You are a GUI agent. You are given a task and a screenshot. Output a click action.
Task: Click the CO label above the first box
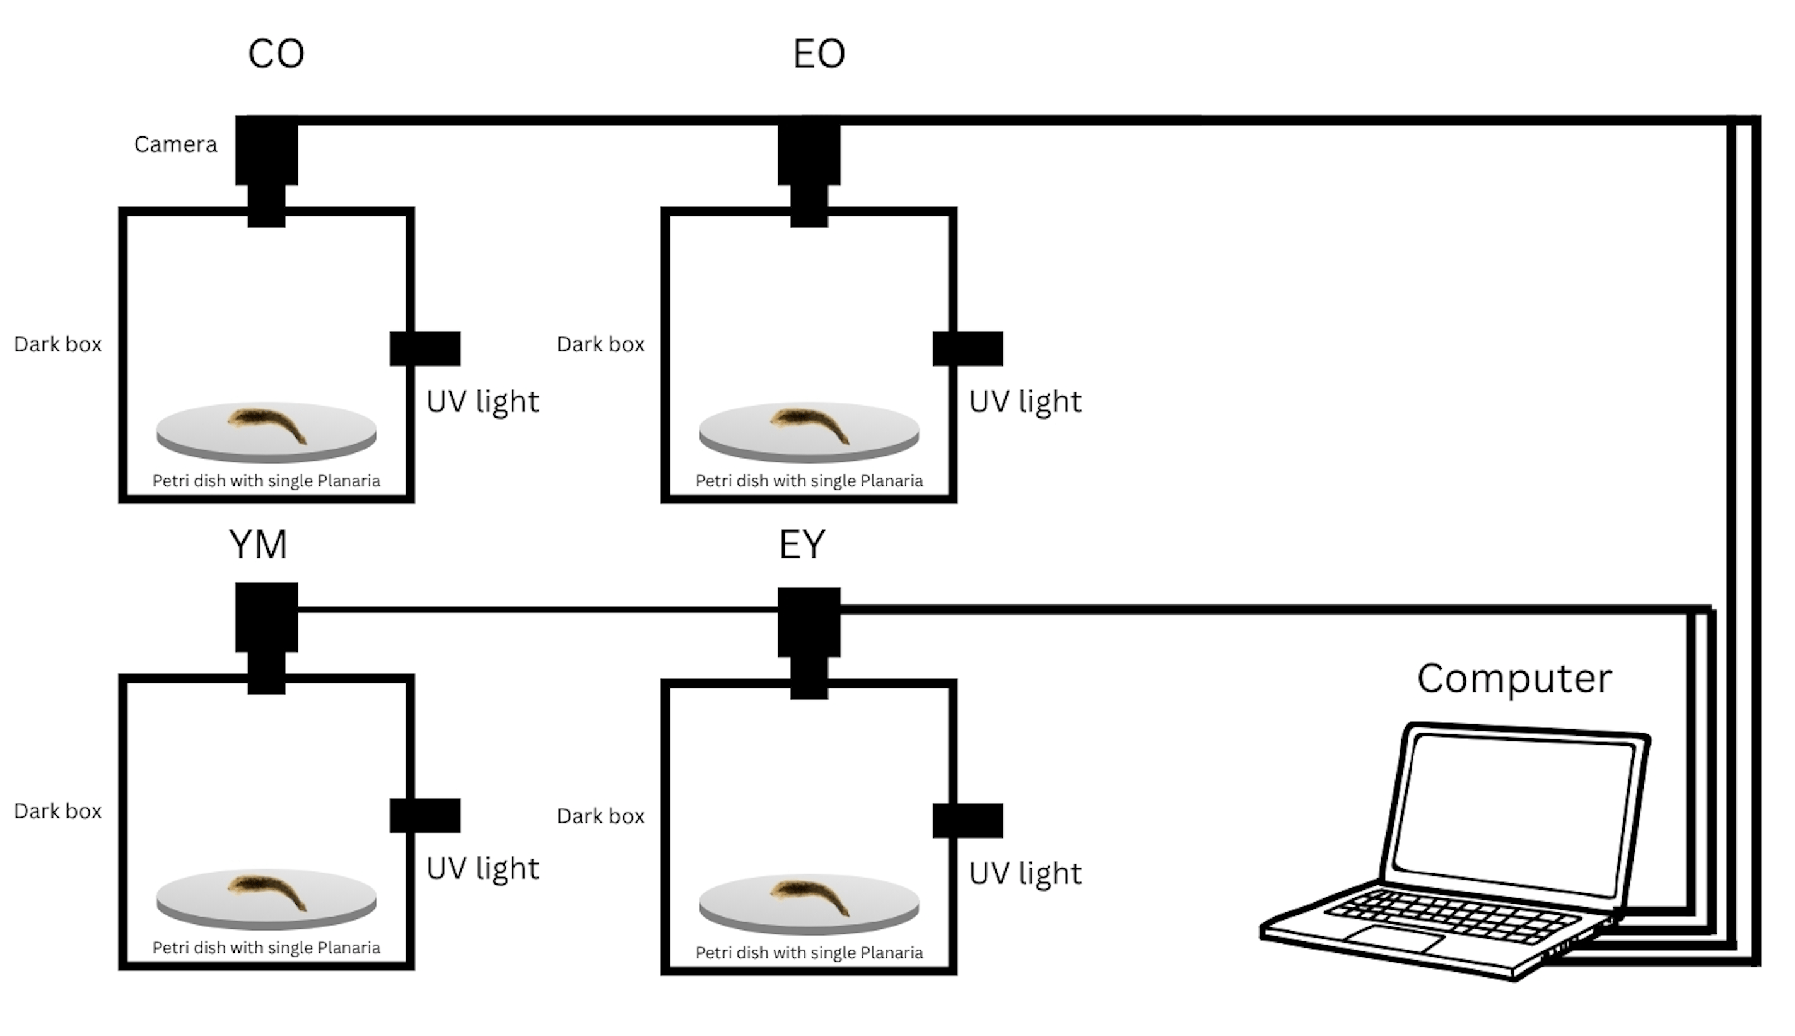click(x=276, y=54)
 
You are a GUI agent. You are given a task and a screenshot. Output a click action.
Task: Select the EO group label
click(x=819, y=54)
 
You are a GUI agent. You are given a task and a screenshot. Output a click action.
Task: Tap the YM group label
click(x=258, y=544)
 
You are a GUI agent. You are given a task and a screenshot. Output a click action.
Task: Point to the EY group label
click(x=802, y=544)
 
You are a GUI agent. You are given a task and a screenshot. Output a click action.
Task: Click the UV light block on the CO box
click(x=425, y=349)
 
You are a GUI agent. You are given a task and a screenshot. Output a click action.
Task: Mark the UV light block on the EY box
click(x=968, y=820)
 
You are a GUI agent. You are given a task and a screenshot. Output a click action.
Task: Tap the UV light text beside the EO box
click(x=1025, y=402)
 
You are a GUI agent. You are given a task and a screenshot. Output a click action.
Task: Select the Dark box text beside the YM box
click(x=57, y=811)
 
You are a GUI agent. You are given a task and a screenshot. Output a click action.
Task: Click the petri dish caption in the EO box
click(x=809, y=481)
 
